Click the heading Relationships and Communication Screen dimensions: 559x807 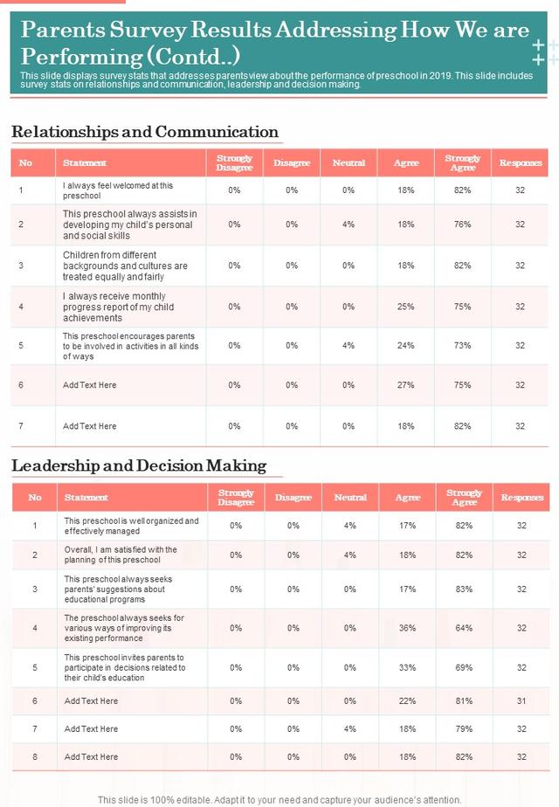coord(145,132)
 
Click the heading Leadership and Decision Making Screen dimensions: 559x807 coord(139,466)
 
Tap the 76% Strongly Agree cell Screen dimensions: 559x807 coord(462,224)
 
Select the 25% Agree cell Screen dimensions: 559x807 coord(405,307)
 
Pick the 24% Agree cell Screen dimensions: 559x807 coord(405,345)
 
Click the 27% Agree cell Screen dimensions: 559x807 coord(405,385)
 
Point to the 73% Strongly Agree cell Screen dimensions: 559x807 coord(462,345)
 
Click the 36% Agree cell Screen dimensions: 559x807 coord(407,628)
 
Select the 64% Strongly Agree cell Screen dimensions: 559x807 coord(464,628)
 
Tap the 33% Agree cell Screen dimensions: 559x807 coord(407,667)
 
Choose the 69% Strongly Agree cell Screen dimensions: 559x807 coord(464,667)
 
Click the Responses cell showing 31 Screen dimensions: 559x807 coord(521,701)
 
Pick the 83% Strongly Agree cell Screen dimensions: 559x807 coord(464,589)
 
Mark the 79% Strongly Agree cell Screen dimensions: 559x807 coord(464,728)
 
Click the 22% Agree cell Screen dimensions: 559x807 coord(407,701)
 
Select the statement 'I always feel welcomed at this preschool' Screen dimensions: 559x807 coord(118,190)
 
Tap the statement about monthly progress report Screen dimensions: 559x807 coord(119,307)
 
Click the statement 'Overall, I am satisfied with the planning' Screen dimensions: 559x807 coord(121,555)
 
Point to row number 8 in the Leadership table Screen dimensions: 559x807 coord(35,757)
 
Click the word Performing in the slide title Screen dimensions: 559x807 coord(81,57)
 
